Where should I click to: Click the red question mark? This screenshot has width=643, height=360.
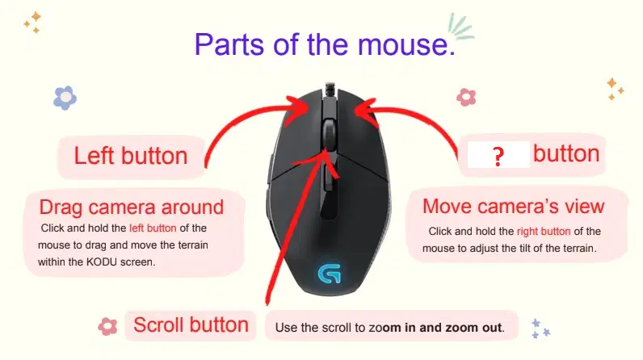pos(498,156)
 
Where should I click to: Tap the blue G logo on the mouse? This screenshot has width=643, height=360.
pos(330,273)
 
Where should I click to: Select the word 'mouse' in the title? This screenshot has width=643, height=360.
pos(406,44)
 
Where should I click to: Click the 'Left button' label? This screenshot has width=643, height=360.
pos(130,156)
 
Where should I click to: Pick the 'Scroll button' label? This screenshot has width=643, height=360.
pos(191,325)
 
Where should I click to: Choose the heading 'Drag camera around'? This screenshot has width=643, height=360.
pos(131,207)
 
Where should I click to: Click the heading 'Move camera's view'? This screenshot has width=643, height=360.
pos(514,206)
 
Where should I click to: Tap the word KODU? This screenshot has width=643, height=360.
pos(101,262)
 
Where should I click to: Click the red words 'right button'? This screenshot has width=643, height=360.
pos(544,232)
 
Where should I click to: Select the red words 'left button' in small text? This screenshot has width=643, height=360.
pos(153,228)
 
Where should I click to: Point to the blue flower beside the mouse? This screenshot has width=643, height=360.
pos(65,98)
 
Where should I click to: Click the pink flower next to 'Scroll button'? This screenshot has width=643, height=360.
pos(107,326)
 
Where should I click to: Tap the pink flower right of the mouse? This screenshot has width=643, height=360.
pos(466,97)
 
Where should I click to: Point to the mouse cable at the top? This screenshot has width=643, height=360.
pos(330,89)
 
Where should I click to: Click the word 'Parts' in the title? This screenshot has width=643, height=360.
pos(229,44)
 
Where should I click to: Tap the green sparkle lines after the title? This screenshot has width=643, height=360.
pos(460,27)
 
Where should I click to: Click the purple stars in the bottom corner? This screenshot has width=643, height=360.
pos(540,329)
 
